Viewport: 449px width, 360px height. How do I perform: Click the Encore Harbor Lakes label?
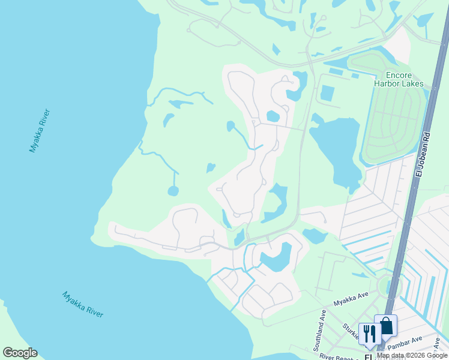point(399,79)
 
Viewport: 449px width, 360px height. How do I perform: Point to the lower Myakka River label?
point(83,304)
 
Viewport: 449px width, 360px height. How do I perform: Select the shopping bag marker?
point(385,326)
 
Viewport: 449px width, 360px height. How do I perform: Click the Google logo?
point(20,353)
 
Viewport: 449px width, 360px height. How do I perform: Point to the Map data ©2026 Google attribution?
point(412,356)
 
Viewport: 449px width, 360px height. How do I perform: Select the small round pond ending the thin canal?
point(173,191)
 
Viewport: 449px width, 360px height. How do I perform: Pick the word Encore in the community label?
point(399,75)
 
